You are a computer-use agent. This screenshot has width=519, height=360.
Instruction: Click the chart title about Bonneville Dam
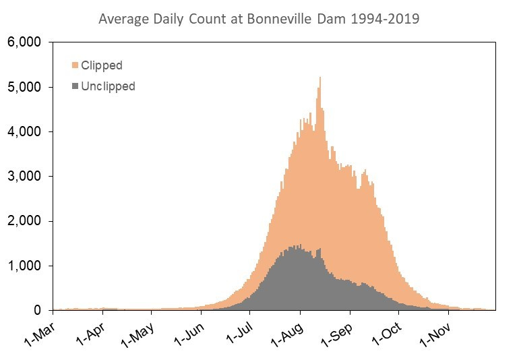[x=259, y=19]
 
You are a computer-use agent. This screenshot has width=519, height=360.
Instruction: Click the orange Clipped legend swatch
[x=75, y=65]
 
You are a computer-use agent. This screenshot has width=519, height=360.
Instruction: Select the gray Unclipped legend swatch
[x=75, y=86]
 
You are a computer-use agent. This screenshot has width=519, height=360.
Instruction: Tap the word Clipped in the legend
[x=101, y=65]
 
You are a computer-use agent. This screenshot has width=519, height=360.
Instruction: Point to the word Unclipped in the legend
[x=108, y=86]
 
